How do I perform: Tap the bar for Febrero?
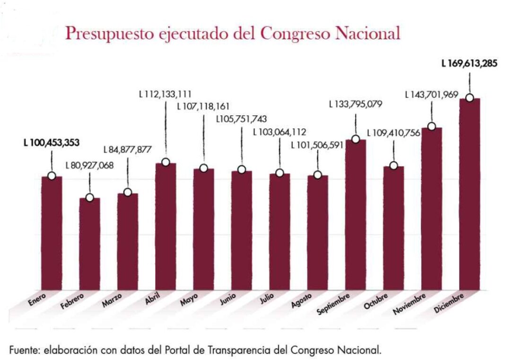89,243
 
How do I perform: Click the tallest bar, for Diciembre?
470,194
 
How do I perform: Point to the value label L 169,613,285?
469,63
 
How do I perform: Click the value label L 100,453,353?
51,143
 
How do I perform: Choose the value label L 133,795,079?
356,104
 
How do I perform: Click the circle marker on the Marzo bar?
128,192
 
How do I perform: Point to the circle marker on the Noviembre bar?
431,127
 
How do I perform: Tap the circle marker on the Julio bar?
279,173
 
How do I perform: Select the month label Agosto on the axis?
301,300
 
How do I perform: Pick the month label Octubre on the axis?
376,301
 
